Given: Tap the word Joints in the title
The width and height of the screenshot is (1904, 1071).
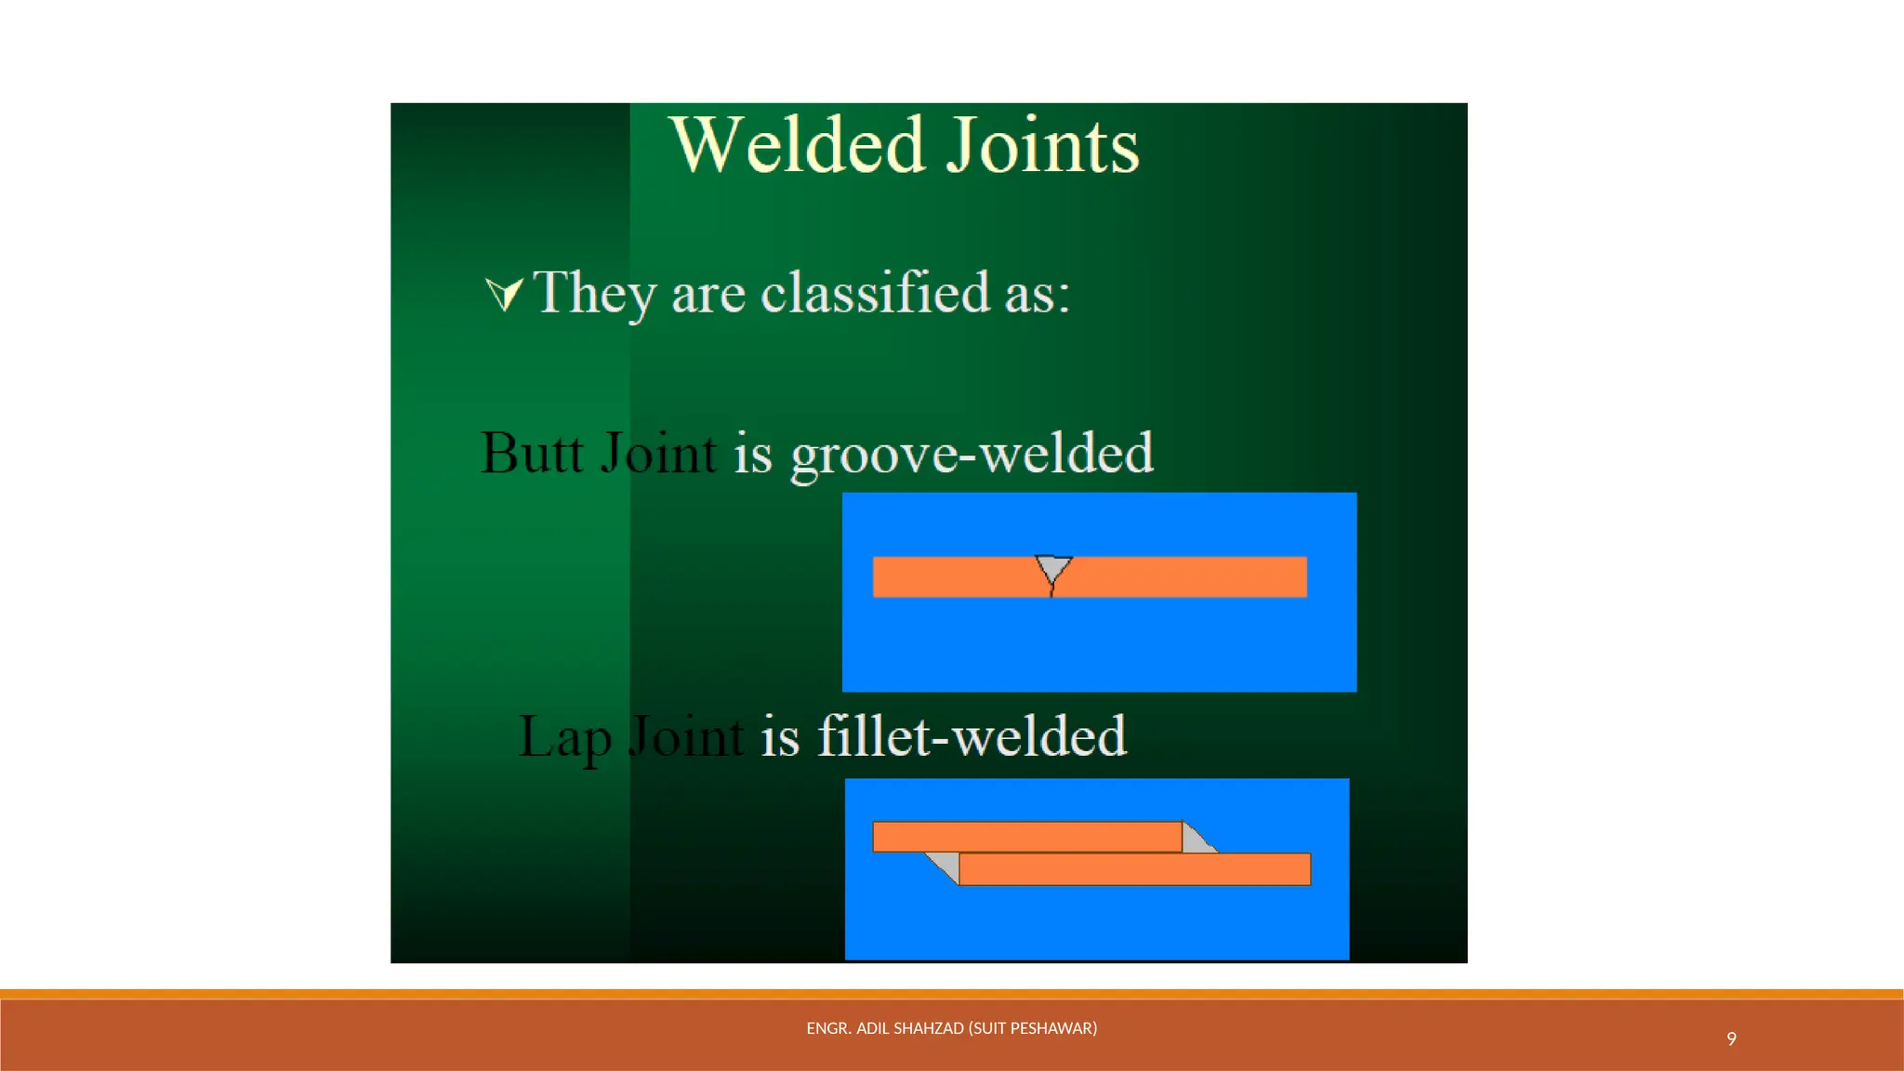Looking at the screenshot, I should click(1042, 146).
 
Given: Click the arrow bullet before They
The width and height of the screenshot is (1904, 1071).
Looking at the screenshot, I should click(505, 294).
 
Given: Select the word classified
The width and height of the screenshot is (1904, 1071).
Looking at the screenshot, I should click(875, 293).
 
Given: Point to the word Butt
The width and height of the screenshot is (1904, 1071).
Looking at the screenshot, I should click(532, 454).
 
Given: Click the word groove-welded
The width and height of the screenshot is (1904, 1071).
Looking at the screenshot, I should click(972, 454).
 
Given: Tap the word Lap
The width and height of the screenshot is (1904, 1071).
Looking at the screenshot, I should click(564, 737).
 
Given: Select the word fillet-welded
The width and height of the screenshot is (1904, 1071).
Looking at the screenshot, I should click(972, 736).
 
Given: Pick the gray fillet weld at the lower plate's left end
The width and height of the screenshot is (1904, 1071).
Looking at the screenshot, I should click(946, 866).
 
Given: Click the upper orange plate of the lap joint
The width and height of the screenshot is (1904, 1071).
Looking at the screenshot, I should click(1026, 837).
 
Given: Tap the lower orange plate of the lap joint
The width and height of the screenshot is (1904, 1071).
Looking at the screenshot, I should click(1134, 869).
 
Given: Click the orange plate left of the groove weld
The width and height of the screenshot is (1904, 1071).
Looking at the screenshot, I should click(953, 576).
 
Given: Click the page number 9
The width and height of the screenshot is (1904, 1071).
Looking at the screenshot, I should click(1731, 1038).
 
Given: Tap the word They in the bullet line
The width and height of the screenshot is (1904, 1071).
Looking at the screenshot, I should click(595, 293).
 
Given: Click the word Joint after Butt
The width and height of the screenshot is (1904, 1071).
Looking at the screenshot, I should click(658, 454).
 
